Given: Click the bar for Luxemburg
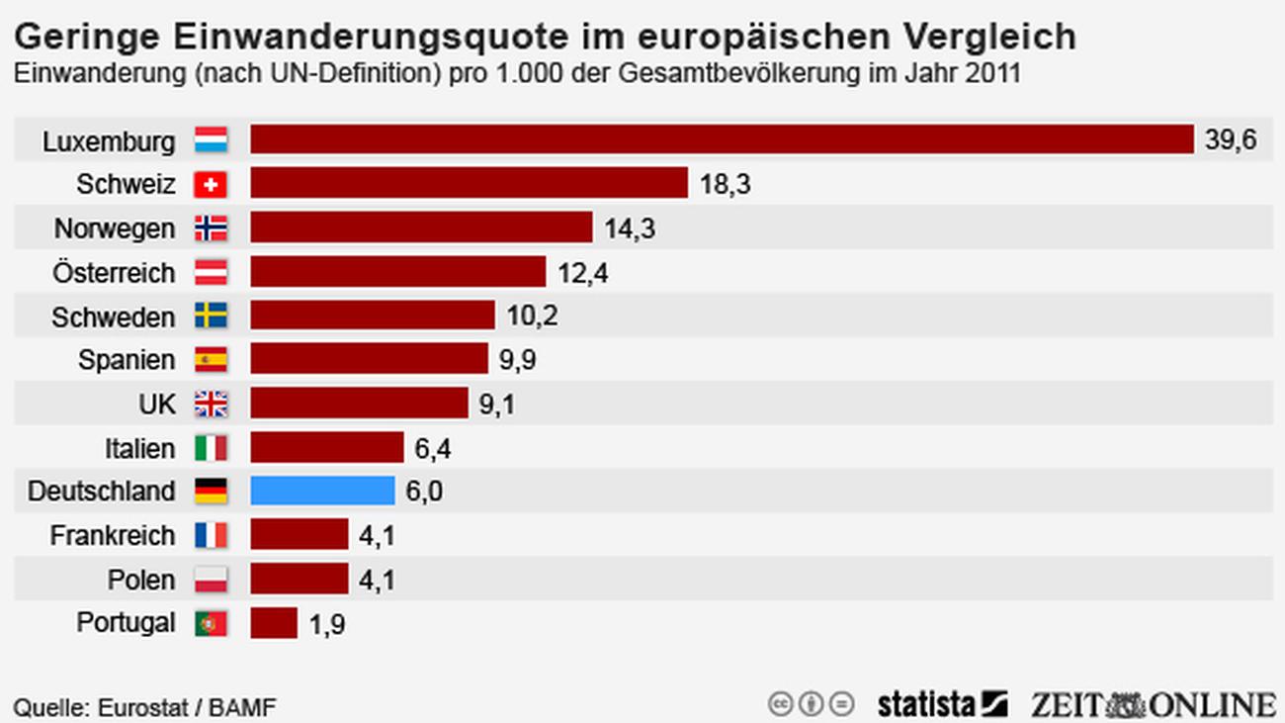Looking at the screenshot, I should pos(722,139).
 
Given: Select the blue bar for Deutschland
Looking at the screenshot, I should pos(322,491).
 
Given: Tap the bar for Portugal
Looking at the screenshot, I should pos(274,623).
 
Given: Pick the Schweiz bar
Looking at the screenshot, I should pos(469,183).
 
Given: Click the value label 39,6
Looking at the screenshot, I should pos(1231,140).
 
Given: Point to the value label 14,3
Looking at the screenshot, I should pos(630,229).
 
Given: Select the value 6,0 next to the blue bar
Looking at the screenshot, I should pos(423,492).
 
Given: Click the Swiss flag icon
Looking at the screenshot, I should pos(211,184).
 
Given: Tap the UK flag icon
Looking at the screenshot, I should pos(211,404).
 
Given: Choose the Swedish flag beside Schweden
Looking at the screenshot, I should pos(211,316).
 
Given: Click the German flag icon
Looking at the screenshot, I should pos(211,492).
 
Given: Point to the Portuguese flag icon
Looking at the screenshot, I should pos(211,623).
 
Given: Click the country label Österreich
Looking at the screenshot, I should pos(114,273).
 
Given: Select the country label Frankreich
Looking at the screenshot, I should pos(113,536).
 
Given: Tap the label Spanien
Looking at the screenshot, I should pos(127,360).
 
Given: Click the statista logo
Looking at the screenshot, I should pos(942,704).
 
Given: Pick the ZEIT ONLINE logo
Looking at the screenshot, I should pos(1153,704).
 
